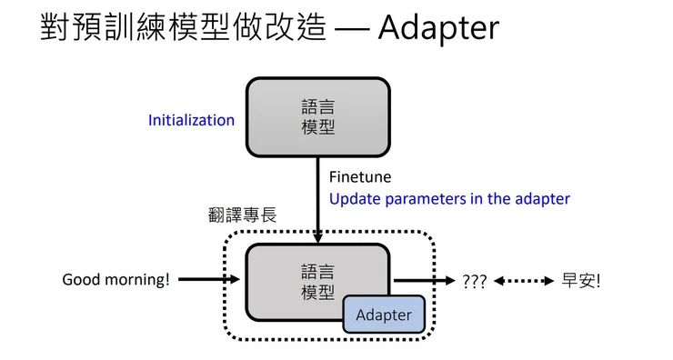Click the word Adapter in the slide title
pos(438,28)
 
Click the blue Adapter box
pos(383,315)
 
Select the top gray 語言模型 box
pos(317,117)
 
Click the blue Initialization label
pos(191,120)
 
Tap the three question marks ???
pos(475,281)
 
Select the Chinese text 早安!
pos(582,281)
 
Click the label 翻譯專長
pos(242,215)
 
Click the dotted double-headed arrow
pos(523,281)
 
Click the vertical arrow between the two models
pos(317,200)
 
